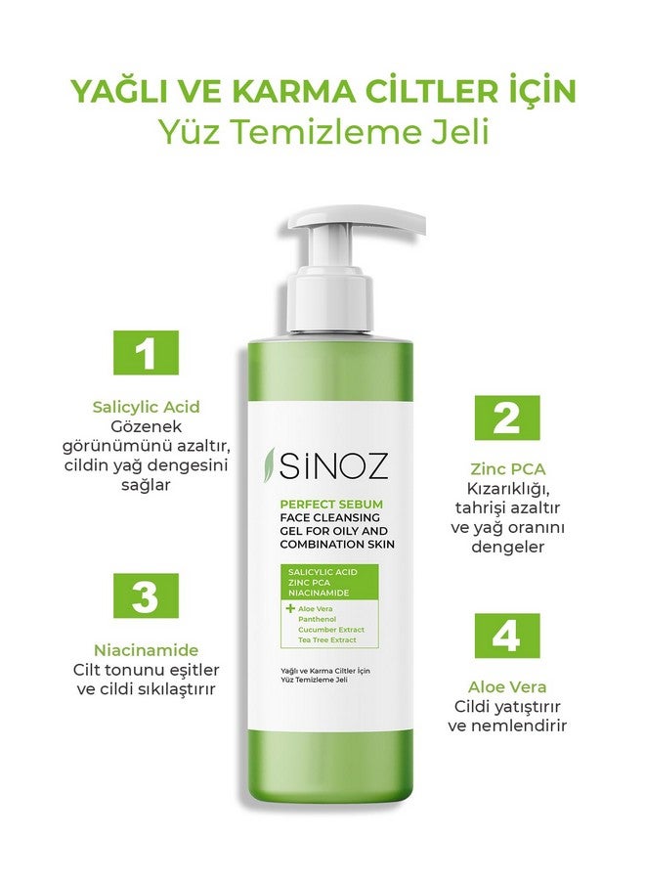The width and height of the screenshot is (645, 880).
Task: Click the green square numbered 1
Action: pos(146,352)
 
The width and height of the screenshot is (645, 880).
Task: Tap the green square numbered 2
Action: pos(507,418)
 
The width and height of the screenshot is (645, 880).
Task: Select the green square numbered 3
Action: pos(146,595)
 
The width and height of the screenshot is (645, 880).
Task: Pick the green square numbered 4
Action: pos(507,636)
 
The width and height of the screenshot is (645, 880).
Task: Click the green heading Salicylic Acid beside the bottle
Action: pos(146,407)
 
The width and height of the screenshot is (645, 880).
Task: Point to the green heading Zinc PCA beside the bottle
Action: pos(507,469)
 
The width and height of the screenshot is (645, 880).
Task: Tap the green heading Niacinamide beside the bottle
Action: pos(146,650)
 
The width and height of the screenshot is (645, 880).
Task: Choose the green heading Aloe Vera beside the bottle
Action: pos(507,687)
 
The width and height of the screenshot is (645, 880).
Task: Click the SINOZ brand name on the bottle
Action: pos(333,465)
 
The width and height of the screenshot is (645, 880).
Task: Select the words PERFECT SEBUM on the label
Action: pos(331,504)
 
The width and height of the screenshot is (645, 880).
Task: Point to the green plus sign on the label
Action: pos(290,608)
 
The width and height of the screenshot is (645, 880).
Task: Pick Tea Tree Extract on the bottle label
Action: pos(327,639)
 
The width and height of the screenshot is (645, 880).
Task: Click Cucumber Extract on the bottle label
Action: pos(331,630)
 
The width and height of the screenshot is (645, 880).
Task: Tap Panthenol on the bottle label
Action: pos(317,619)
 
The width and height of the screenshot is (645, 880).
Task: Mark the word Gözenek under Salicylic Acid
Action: pos(146,426)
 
